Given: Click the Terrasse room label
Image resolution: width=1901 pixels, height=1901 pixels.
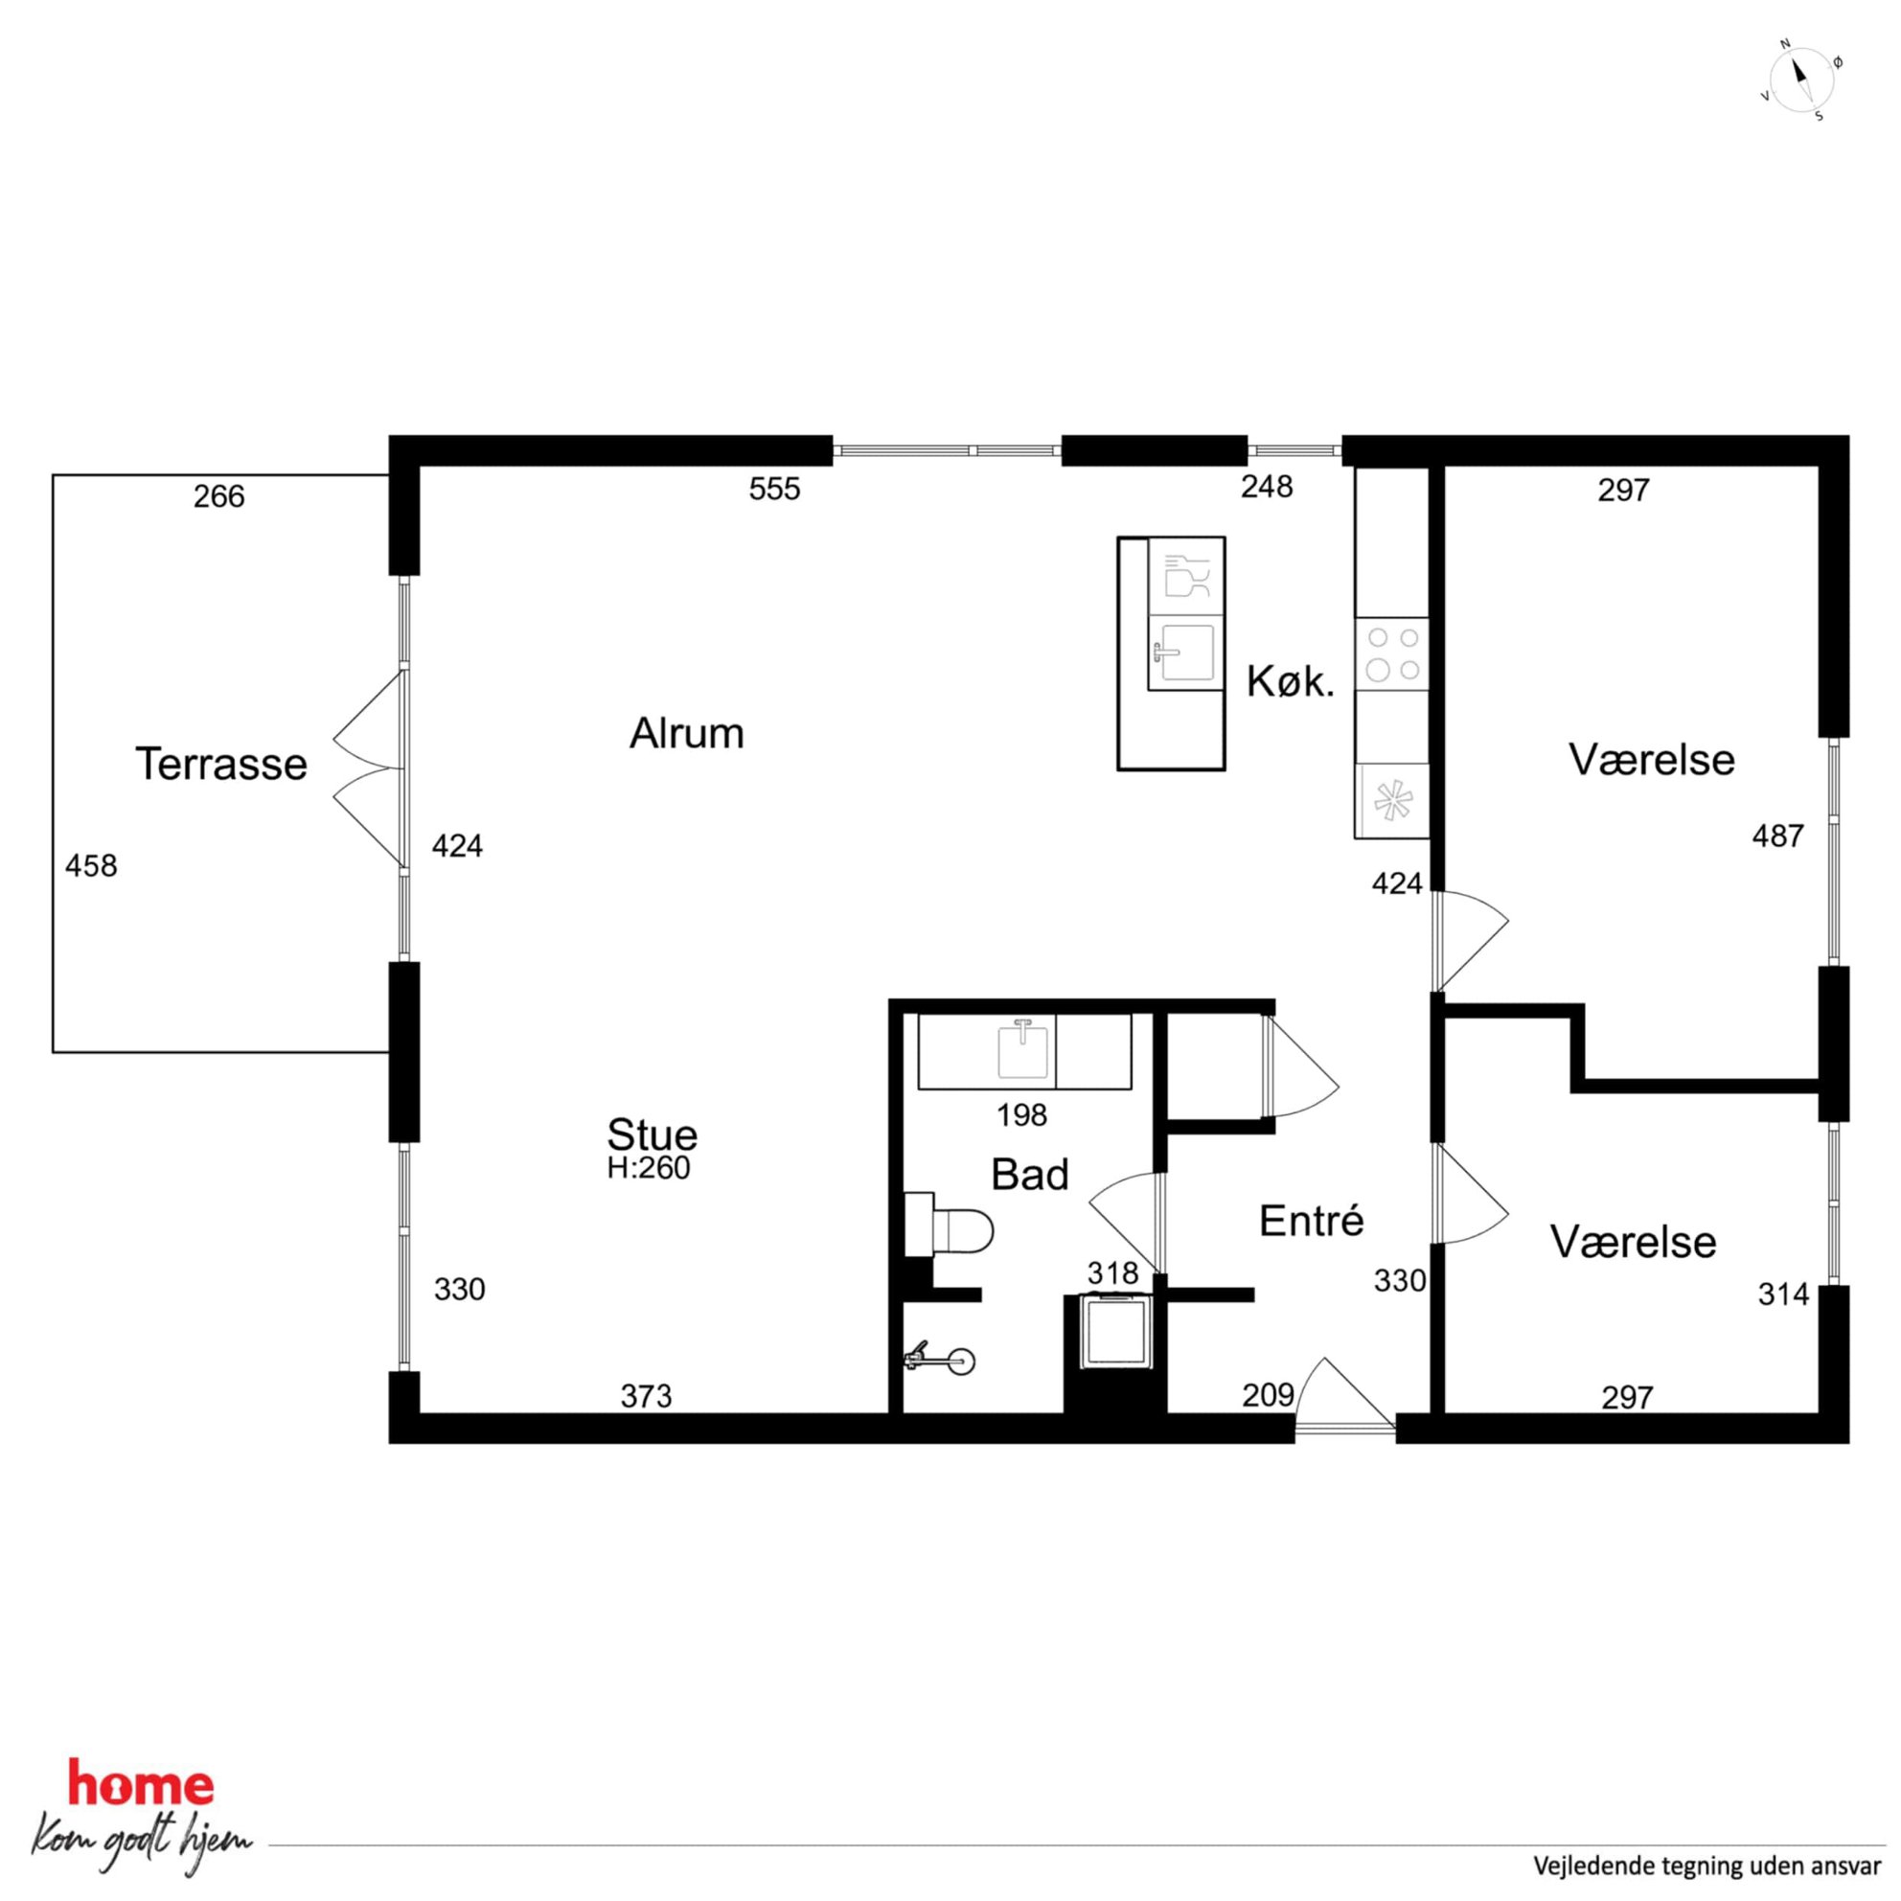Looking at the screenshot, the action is [x=220, y=765].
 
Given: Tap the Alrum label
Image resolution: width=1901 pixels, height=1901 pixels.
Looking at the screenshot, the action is [x=687, y=734].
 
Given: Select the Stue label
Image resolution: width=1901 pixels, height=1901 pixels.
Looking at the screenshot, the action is [x=653, y=1134].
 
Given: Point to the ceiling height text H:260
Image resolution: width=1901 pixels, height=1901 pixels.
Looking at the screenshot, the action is [x=649, y=1169].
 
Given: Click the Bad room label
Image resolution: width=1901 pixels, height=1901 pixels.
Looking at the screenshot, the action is [x=1029, y=1175].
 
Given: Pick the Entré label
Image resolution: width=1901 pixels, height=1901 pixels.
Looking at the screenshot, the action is [x=1312, y=1221].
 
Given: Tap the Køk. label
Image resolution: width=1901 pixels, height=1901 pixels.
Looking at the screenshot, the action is [x=1290, y=682].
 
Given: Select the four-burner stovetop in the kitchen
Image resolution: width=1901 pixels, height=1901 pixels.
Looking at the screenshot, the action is [x=1392, y=654].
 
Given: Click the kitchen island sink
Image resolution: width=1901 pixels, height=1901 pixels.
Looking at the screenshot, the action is [x=1185, y=653].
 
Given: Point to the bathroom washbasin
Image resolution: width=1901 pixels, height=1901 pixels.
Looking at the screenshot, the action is [x=1023, y=1051].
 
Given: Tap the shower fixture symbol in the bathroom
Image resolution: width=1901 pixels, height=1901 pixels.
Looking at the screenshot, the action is [x=940, y=1361].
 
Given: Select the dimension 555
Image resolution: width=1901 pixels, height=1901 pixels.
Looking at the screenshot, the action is [x=774, y=489].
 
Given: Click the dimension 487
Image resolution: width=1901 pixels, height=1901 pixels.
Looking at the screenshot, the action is [x=1778, y=836].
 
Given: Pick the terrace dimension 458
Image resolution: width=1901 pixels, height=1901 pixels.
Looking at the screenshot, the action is [x=90, y=866].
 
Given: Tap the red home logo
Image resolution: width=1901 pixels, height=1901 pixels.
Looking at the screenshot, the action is [x=141, y=1785].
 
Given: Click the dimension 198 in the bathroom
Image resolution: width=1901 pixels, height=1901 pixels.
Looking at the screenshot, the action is [x=1021, y=1116].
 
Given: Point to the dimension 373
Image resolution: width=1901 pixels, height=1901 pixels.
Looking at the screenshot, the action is [x=646, y=1396].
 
